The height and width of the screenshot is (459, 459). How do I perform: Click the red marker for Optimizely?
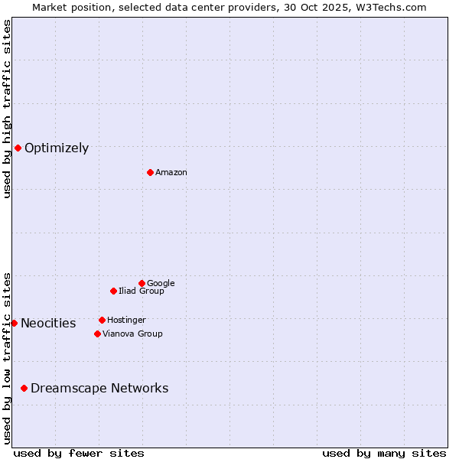18,148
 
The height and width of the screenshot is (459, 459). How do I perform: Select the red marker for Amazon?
150,172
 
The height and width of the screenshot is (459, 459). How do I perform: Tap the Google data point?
142,283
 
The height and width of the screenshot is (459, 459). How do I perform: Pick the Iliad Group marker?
113,291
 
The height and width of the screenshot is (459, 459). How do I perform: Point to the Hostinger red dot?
102,320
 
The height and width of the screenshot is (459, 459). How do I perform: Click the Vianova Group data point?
97,334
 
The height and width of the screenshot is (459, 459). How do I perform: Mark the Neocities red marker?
14,323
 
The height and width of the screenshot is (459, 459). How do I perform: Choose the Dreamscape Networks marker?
24,388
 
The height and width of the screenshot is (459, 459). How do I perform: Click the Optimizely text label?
57,148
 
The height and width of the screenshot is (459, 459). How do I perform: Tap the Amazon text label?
171,173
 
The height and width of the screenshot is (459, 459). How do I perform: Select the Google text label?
161,284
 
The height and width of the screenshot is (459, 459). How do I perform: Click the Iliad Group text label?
142,291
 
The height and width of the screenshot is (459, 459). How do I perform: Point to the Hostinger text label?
126,321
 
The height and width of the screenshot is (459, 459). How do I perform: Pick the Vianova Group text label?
132,334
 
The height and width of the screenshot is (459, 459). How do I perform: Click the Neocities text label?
48,324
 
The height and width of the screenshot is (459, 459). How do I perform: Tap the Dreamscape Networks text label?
99,389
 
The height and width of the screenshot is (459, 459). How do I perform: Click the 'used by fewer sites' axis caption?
79,453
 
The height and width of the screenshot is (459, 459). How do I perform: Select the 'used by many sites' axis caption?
384,453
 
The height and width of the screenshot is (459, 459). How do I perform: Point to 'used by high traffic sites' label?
7,109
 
